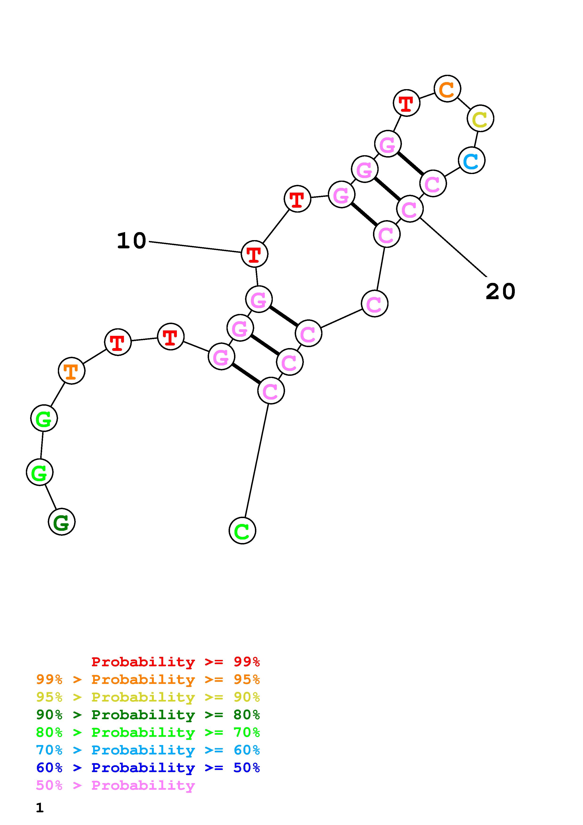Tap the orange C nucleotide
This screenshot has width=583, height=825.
[x=447, y=89]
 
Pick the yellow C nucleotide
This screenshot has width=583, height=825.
[x=480, y=118]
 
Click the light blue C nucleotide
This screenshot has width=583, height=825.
[x=472, y=160]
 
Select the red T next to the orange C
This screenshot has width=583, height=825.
[x=406, y=103]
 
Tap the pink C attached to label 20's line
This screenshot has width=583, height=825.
[x=410, y=209]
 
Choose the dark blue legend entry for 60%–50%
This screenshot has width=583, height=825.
[x=148, y=768]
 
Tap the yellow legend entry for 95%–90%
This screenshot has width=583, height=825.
[x=148, y=697]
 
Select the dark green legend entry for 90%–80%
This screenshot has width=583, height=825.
[x=148, y=715]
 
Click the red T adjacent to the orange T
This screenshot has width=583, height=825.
[x=118, y=342]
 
